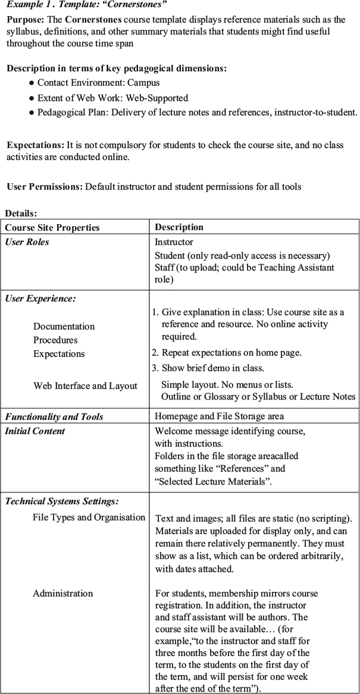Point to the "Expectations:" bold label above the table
[35, 145]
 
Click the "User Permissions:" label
[45, 187]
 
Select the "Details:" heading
[21, 213]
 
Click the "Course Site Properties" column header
[52, 228]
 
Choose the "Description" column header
[179, 227]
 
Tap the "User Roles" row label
[27, 242]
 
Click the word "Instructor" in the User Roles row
[174, 242]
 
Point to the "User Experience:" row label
[40, 299]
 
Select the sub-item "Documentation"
[64, 326]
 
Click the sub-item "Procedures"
[55, 340]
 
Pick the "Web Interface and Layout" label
[85, 386]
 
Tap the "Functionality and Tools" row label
[54, 417]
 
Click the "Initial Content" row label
[35, 431]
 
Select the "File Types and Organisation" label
[89, 517]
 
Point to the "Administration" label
[62, 593]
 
